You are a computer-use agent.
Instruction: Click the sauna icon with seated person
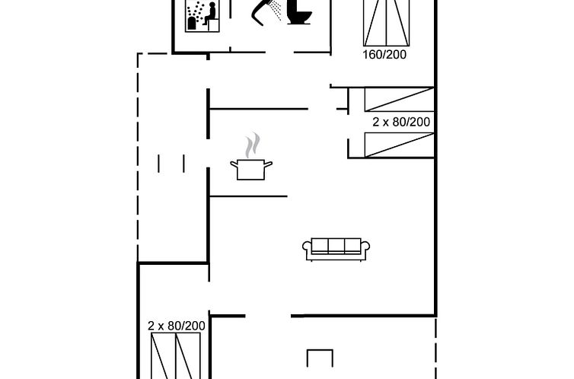point(202,16)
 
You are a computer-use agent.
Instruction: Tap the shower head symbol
point(266,11)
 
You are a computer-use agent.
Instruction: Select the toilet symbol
point(299,12)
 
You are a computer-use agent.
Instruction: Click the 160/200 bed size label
point(384,55)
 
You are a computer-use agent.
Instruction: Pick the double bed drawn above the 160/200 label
point(386,23)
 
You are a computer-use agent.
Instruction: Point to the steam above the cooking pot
point(252,145)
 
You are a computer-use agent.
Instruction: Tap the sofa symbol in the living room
point(336,249)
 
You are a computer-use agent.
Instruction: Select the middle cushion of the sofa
point(336,245)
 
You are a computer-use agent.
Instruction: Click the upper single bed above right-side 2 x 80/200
point(399,99)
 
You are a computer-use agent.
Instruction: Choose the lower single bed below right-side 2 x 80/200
point(399,145)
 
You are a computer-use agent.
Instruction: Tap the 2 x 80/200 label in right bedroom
point(401,122)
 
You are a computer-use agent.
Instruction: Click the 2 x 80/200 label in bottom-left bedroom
point(177,326)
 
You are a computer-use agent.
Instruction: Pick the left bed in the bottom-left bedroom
point(163,355)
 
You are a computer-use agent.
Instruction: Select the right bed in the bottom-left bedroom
point(188,355)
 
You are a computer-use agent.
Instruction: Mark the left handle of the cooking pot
point(234,164)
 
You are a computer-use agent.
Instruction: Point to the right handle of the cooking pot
point(268,164)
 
